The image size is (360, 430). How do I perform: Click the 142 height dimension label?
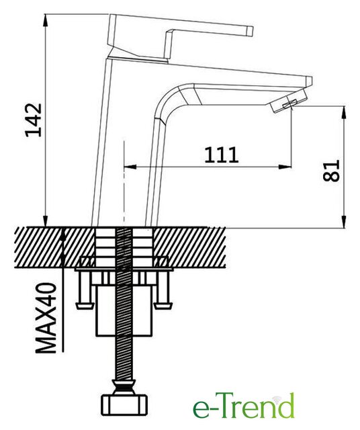point(34,120)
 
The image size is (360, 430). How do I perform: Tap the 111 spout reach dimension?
point(222,155)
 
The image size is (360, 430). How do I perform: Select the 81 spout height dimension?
point(331,171)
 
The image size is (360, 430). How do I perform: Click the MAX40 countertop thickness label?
point(46,318)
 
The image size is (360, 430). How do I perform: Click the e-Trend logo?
point(244,406)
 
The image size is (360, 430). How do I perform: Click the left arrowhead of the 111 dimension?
point(130,167)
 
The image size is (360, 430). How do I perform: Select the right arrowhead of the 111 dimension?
point(285,167)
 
